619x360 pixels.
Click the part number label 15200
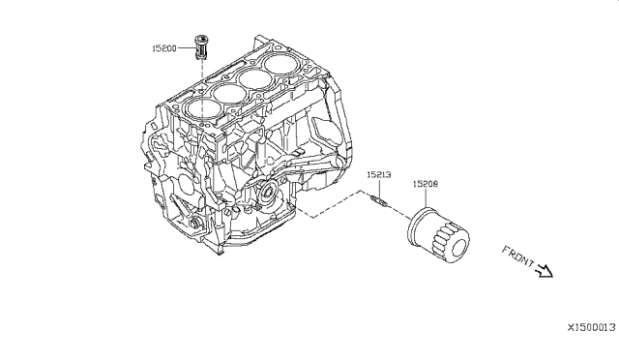164,48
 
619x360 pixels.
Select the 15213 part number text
379,174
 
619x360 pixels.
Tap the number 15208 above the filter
426,184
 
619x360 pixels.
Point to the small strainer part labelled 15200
201,47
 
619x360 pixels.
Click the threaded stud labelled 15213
380,200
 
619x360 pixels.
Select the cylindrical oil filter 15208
438,235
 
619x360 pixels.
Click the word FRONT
517,256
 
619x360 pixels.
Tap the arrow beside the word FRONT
545,271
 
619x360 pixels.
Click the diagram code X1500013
591,327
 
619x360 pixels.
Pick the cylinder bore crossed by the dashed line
202,109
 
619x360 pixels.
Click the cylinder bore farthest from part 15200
281,63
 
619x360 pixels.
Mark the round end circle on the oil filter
458,248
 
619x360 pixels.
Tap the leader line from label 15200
186,48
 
